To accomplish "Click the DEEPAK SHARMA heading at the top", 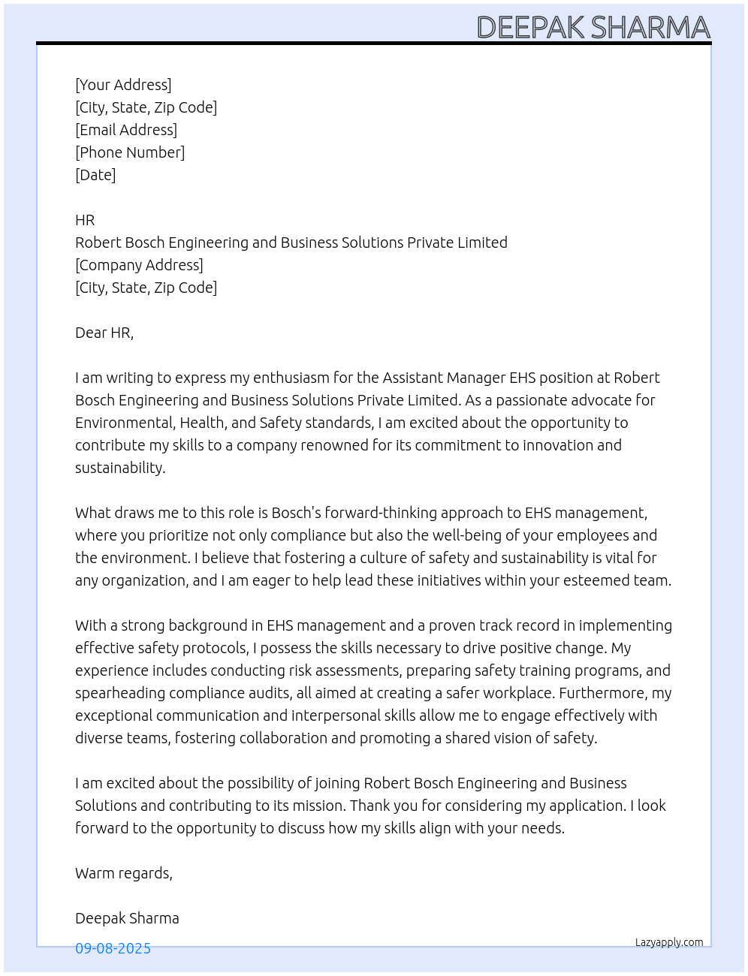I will (x=593, y=27).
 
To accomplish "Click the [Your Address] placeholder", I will (x=123, y=85).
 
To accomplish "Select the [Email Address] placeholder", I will (x=126, y=130).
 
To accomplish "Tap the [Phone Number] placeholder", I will (x=130, y=152).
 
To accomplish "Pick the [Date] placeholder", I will (x=95, y=175).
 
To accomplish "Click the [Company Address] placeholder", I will (x=139, y=265).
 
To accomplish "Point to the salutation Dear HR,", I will (x=104, y=333).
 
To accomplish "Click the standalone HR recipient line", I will (x=85, y=220).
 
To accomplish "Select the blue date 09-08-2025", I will (x=113, y=948).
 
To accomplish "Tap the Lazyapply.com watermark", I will (x=669, y=942).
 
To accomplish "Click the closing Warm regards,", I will (x=124, y=873).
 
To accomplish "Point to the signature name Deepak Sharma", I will (x=127, y=918).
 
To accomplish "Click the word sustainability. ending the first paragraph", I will (x=120, y=468).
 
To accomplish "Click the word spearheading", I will (x=118, y=693).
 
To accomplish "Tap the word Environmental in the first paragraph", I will (x=124, y=423).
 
